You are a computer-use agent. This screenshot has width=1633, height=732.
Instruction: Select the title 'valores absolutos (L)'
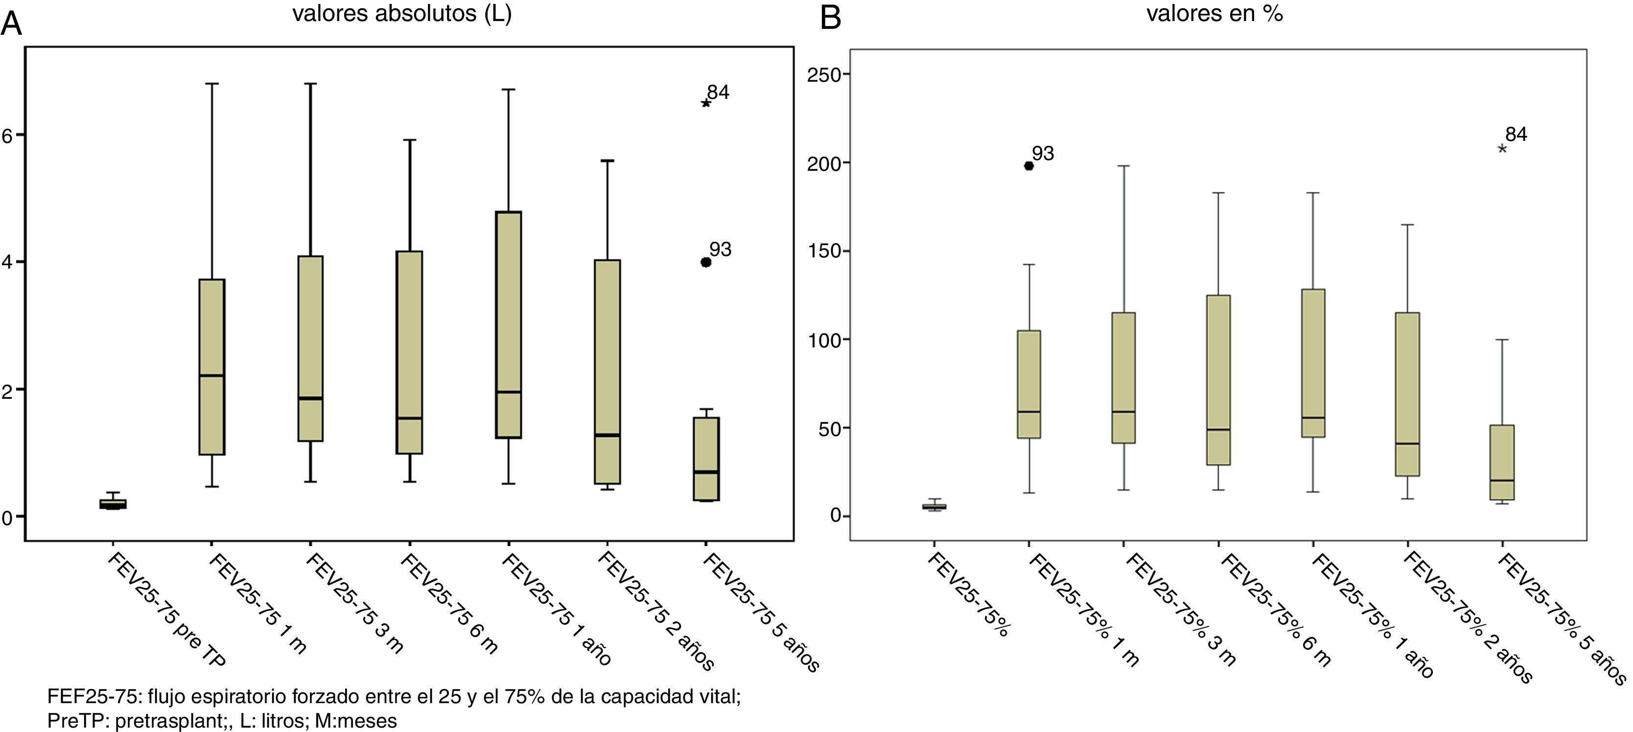pyautogui.click(x=401, y=14)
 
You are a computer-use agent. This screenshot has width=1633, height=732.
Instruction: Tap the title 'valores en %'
pyautogui.click(x=1214, y=14)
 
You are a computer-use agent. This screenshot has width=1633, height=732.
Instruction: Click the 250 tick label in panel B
pyautogui.click(x=823, y=75)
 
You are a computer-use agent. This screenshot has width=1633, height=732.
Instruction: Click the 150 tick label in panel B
pyautogui.click(x=823, y=251)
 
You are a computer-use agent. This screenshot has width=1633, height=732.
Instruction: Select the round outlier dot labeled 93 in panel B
pyautogui.click(x=1029, y=166)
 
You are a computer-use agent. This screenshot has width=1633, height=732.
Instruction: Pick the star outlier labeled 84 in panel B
pyautogui.click(x=1502, y=149)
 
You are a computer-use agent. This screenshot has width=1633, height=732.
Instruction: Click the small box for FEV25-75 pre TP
pyautogui.click(x=113, y=504)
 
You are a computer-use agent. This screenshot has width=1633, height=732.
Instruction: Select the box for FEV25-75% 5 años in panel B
pyautogui.click(x=1502, y=463)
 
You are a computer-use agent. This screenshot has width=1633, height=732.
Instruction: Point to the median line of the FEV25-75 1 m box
pyautogui.click(x=212, y=376)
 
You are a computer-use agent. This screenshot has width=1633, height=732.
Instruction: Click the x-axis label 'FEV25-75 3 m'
pyautogui.click(x=355, y=603)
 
